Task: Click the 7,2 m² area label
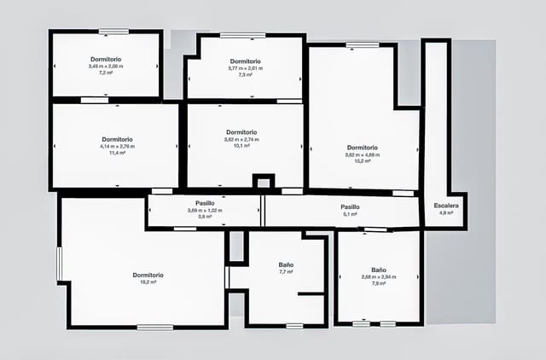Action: (106, 73)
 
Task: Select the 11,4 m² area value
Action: (117, 153)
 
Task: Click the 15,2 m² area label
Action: (362, 161)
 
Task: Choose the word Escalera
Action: (446, 206)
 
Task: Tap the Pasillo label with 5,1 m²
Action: (350, 206)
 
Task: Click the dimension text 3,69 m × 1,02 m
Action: (205, 210)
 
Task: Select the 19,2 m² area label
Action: (148, 282)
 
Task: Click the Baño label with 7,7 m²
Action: (286, 264)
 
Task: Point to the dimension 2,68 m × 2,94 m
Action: (379, 276)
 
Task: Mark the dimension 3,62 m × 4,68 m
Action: (362, 154)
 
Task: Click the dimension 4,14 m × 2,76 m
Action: (117, 146)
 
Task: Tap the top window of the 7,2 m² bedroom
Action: (113, 32)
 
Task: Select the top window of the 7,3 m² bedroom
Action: (242, 36)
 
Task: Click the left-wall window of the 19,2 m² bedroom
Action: (59, 264)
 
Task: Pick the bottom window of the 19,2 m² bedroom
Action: (154, 327)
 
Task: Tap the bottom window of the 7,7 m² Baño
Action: (294, 325)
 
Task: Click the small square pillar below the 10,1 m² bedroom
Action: (264, 181)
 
